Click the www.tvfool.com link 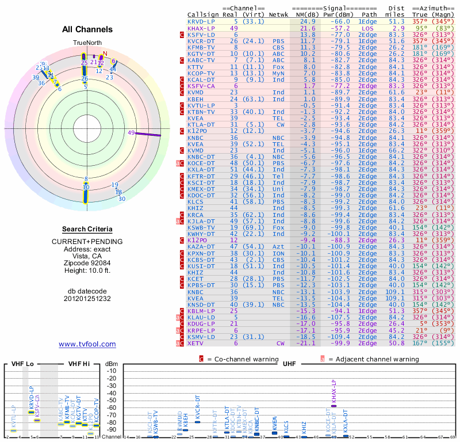tap(87, 344)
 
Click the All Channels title tap(87, 29)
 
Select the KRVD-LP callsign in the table tap(201, 21)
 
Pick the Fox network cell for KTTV tap(279, 66)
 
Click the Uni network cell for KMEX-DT tap(279, 188)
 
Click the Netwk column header tap(279, 14)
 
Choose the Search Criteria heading tap(87, 229)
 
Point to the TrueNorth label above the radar tap(87, 43)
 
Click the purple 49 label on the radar tap(131, 133)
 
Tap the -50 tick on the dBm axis tap(112, 401)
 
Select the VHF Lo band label tap(21, 364)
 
